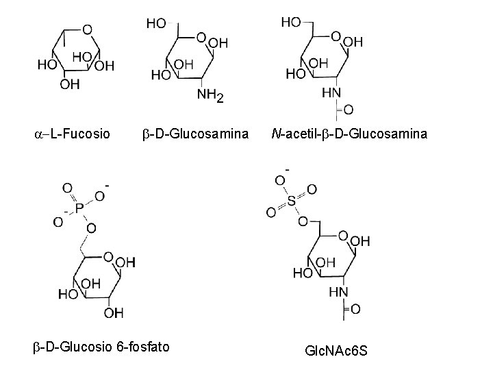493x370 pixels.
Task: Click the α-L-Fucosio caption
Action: pyautogui.click(x=71, y=134)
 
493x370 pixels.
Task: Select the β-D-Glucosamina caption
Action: pyautogui.click(x=196, y=134)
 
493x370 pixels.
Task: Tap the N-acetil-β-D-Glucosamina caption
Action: pyautogui.click(x=349, y=134)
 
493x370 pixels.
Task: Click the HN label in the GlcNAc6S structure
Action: pyautogui.click(x=338, y=291)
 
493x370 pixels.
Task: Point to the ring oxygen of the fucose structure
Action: pyautogui.click(x=87, y=29)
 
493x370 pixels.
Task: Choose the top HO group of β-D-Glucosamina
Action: pyautogui.click(x=155, y=24)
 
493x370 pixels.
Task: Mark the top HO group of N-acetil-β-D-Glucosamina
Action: pyautogui.click(x=292, y=23)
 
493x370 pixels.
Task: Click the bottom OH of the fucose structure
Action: pyautogui.click(x=70, y=84)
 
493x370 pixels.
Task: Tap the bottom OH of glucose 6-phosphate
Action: pyautogui.click(x=114, y=314)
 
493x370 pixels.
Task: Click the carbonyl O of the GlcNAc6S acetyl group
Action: pyautogui.click(x=355, y=310)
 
